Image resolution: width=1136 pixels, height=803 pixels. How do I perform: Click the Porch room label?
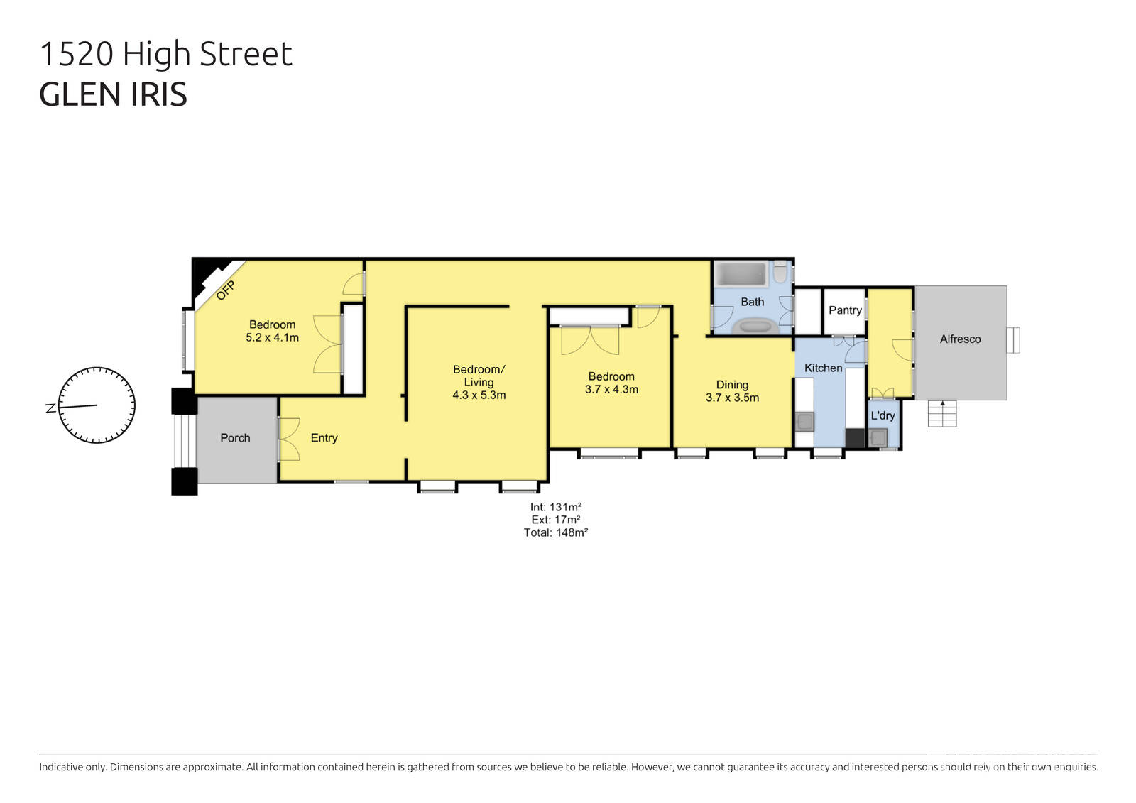[x=235, y=438]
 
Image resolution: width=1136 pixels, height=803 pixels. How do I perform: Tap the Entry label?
[x=324, y=438]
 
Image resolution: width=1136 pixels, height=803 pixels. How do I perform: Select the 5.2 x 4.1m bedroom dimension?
[x=272, y=338]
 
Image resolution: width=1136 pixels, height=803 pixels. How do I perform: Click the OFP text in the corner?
[x=226, y=290]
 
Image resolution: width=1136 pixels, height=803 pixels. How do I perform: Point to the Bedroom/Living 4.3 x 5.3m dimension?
[x=479, y=395]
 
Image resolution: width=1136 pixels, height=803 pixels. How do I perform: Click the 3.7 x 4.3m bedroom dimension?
[x=611, y=390]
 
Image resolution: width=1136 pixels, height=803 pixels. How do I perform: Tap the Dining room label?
[x=732, y=385]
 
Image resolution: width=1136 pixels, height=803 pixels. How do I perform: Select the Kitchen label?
[x=823, y=368]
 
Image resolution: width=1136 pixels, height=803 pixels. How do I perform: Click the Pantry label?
[x=845, y=310]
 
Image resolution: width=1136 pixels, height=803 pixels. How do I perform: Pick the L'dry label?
[x=883, y=416]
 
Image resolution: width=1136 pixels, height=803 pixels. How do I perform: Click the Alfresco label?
[x=960, y=339]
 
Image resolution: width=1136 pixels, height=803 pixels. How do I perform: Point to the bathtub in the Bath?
[x=741, y=274]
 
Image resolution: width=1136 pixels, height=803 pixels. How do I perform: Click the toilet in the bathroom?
[x=780, y=273]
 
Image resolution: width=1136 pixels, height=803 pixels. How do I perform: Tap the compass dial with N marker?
[x=96, y=405]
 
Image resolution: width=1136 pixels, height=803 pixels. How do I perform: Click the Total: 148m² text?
[x=555, y=532]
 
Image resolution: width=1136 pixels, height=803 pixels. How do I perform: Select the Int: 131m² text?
[x=555, y=507]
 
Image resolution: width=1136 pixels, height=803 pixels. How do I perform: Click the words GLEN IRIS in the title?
[x=113, y=94]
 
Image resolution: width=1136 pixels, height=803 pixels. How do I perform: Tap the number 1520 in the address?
[x=76, y=54]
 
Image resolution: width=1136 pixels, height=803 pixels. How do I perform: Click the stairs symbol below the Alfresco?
[x=943, y=413]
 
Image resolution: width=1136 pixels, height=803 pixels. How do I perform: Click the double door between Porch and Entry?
[x=288, y=439]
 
